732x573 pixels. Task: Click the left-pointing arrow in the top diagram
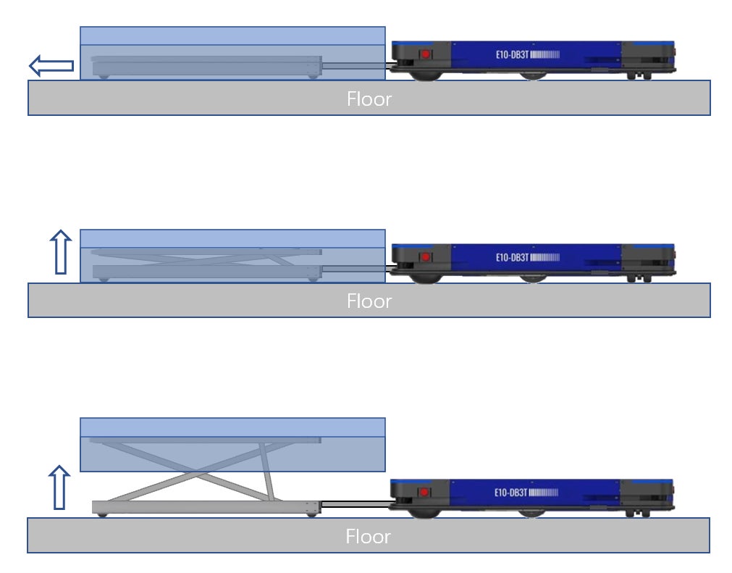tap(50, 66)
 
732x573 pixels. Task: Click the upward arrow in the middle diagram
tap(62, 252)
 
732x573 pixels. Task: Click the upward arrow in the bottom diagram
tap(60, 487)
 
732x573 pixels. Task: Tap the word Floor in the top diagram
tap(369, 99)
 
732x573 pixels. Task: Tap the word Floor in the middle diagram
tap(369, 301)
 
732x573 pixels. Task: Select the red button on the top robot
tap(426, 54)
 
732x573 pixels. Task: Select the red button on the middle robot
tap(426, 256)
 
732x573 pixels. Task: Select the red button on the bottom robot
tap(424, 493)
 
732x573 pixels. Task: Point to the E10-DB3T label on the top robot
tap(512, 54)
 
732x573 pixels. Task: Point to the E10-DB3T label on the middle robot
tap(512, 256)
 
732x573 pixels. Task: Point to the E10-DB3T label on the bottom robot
tap(510, 493)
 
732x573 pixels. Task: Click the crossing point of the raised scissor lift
tap(196, 474)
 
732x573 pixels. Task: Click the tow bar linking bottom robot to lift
tap(355, 504)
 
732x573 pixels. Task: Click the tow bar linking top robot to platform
tap(355, 67)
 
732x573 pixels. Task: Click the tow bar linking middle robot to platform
tap(355, 269)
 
